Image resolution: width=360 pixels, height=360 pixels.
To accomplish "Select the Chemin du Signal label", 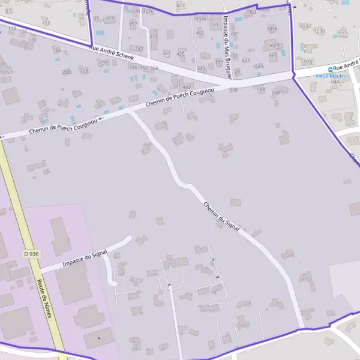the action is click(221, 217).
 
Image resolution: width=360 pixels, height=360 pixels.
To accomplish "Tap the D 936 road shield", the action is click(31, 254).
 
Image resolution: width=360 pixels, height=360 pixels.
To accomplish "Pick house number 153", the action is click(46, 23).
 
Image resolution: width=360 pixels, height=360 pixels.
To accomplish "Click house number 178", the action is click(32, 40).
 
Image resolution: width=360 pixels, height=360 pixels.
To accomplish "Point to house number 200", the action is click(67, 71).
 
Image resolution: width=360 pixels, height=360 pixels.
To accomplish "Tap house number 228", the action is click(85, 70).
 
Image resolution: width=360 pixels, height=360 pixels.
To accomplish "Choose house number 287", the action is click(109, 19).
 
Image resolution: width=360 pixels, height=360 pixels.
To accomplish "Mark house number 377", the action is click(154, 36).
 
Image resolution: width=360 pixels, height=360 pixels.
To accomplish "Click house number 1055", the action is click(272, 28).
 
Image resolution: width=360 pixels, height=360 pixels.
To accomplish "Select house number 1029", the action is click(274, 45).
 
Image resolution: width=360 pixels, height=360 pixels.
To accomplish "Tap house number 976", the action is click(308, 62).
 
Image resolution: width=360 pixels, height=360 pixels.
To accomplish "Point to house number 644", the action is click(335, 82).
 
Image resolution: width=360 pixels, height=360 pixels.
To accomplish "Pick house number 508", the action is click(233, 89).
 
